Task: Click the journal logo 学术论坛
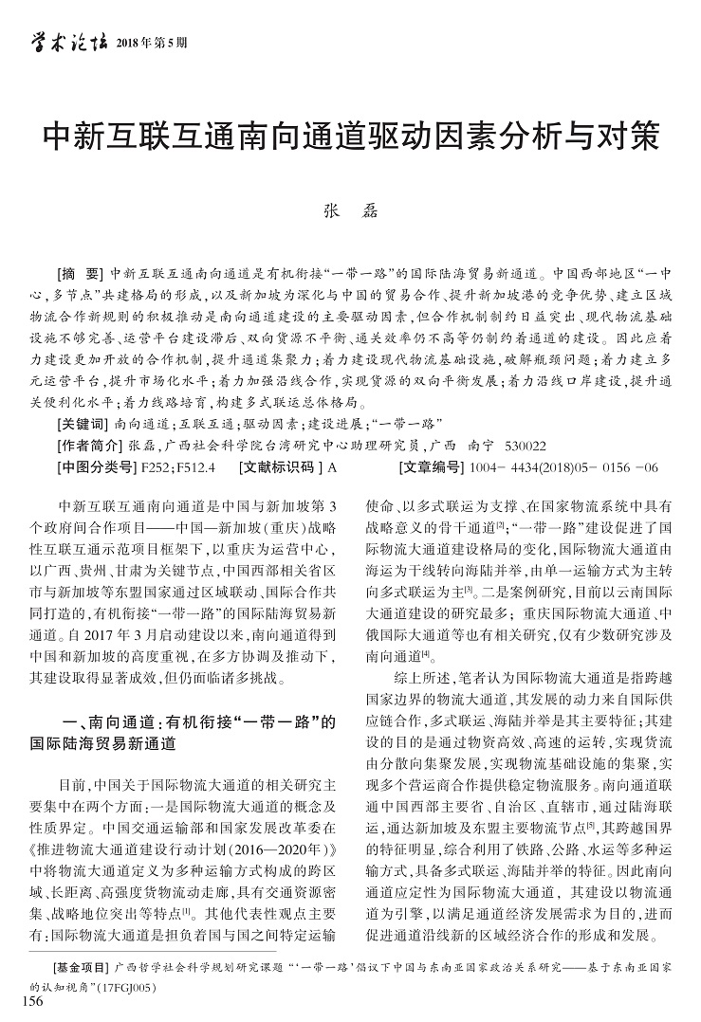(x=64, y=41)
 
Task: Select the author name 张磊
(x=350, y=212)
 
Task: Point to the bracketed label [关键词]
(x=83, y=423)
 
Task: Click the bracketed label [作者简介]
(x=88, y=445)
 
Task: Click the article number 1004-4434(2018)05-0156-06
(x=564, y=466)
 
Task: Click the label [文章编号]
(x=433, y=466)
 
